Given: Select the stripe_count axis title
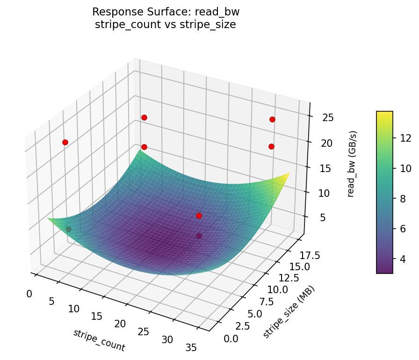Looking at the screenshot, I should pyautogui.click(x=99, y=340).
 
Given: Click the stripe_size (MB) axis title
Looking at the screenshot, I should pyautogui.click(x=289, y=311).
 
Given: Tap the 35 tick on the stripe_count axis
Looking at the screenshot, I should pyautogui.click(x=191, y=347).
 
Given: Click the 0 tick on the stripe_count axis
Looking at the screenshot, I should pyautogui.click(x=29, y=294).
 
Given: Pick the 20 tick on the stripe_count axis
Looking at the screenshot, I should pyautogui.click(x=120, y=324).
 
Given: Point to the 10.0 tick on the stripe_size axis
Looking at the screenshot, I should pyautogui.click(x=277, y=289).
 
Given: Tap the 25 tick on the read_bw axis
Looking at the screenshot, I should pyautogui.click(x=328, y=117).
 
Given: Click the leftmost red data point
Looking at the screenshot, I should pyautogui.click(x=65, y=142).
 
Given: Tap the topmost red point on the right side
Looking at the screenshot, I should pyautogui.click(x=272, y=119).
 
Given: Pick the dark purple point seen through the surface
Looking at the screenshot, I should pyautogui.click(x=199, y=236).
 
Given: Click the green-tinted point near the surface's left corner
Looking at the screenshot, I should pyautogui.click(x=69, y=229).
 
